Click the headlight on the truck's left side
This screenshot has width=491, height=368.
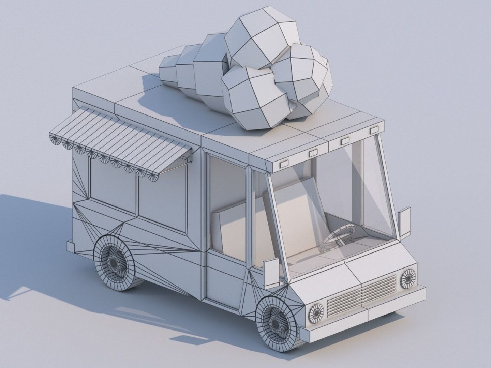(x=408, y=278)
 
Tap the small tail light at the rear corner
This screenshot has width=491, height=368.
(x=70, y=246)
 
